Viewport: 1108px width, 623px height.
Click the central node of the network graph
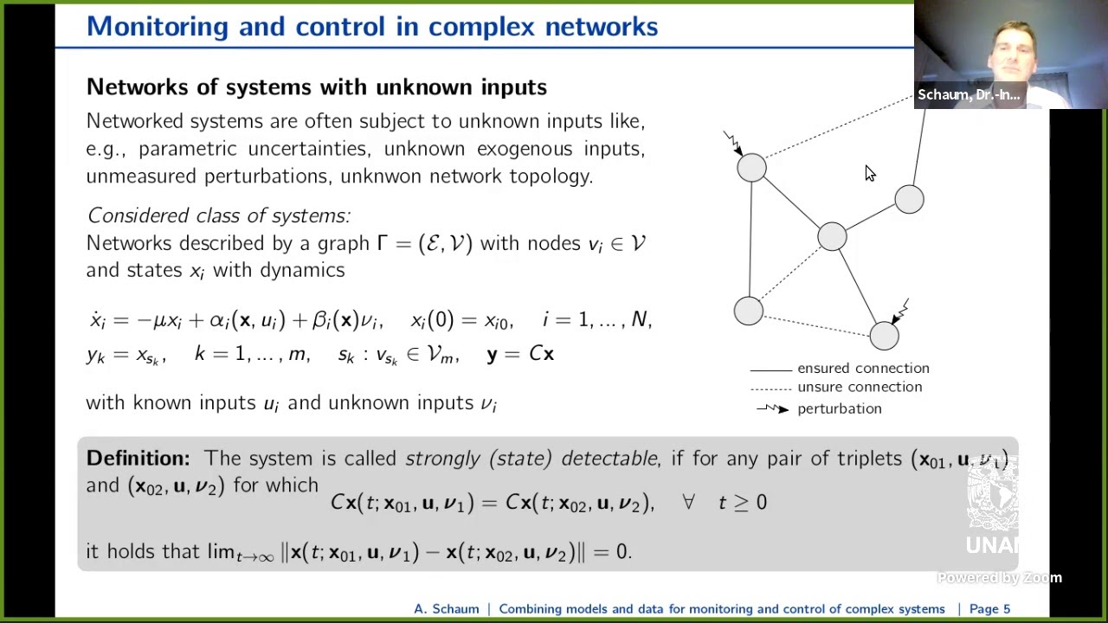point(832,236)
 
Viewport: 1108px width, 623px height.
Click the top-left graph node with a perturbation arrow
point(751,167)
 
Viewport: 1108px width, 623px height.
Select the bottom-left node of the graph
point(748,311)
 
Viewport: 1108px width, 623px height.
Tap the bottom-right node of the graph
point(884,336)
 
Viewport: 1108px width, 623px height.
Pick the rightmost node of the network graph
point(909,200)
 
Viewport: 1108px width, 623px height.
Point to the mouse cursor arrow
point(869,173)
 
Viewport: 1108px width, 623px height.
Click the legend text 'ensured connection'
point(863,369)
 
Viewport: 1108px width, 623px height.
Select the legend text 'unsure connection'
point(860,388)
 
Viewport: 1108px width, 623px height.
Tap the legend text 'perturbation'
point(839,409)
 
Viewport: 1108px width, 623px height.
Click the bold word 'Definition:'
point(138,459)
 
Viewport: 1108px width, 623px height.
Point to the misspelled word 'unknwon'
point(381,177)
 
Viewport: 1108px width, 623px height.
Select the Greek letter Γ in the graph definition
point(382,243)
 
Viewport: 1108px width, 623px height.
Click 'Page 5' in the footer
point(989,609)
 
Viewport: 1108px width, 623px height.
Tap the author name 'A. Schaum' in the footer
point(446,609)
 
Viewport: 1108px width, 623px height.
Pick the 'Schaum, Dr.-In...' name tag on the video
point(968,95)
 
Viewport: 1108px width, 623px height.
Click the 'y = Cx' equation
point(520,354)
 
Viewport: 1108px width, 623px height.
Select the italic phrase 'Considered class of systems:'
point(219,215)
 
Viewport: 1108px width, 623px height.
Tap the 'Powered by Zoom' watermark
point(1000,578)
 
